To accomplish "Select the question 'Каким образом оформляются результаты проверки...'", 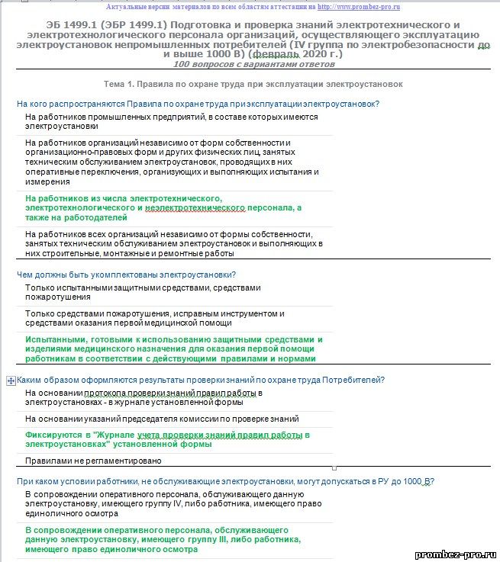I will pyautogui.click(x=200, y=380).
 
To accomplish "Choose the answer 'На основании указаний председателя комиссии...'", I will pyautogui.click(x=162, y=419).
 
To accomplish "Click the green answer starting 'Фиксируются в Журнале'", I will pyautogui.click(x=167, y=439).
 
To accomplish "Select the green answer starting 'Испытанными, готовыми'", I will pyautogui.click(x=173, y=348).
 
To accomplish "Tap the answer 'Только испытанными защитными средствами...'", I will pyautogui.click(x=143, y=292).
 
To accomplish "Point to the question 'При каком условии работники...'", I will pyautogui.click(x=225, y=481).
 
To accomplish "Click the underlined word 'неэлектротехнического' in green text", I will pyautogui.click(x=194, y=207).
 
